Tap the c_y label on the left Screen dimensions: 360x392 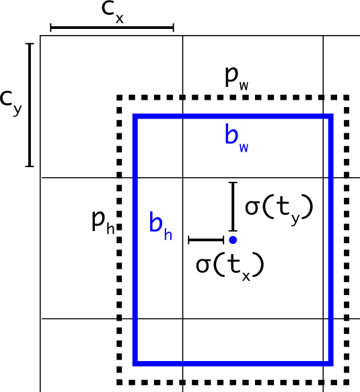11,104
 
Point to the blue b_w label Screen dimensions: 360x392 237,138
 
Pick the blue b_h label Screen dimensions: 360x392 161,226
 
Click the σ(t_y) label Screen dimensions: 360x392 279,209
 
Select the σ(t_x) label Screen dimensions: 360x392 230,266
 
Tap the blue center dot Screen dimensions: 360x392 233,240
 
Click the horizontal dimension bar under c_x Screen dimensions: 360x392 112,28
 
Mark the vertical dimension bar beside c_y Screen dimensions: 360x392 30,105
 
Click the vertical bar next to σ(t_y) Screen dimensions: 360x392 233,207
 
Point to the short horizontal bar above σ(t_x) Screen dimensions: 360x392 206,240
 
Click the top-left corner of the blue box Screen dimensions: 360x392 135,117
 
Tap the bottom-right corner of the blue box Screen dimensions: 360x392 331,364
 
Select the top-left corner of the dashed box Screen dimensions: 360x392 119,98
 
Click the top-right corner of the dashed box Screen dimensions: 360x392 347,98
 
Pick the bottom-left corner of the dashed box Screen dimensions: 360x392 119,383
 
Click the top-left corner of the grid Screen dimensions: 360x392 40,36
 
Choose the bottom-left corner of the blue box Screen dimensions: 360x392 135,364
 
